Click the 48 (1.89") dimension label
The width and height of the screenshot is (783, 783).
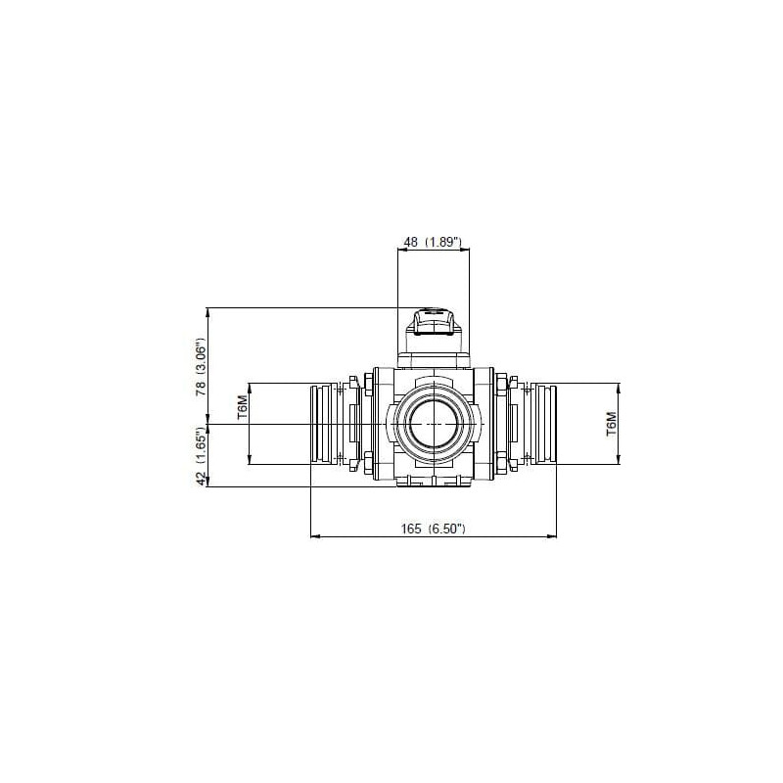pos(434,242)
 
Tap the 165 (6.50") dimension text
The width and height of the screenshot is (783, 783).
pos(434,529)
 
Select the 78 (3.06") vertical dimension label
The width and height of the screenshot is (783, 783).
pos(201,367)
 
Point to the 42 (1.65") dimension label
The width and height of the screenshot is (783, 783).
pos(201,456)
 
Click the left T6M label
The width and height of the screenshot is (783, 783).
pos(242,406)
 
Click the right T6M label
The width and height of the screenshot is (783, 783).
pos(612,424)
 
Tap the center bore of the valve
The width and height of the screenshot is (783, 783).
pos(434,424)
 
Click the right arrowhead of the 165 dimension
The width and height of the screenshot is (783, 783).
pos(552,536)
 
